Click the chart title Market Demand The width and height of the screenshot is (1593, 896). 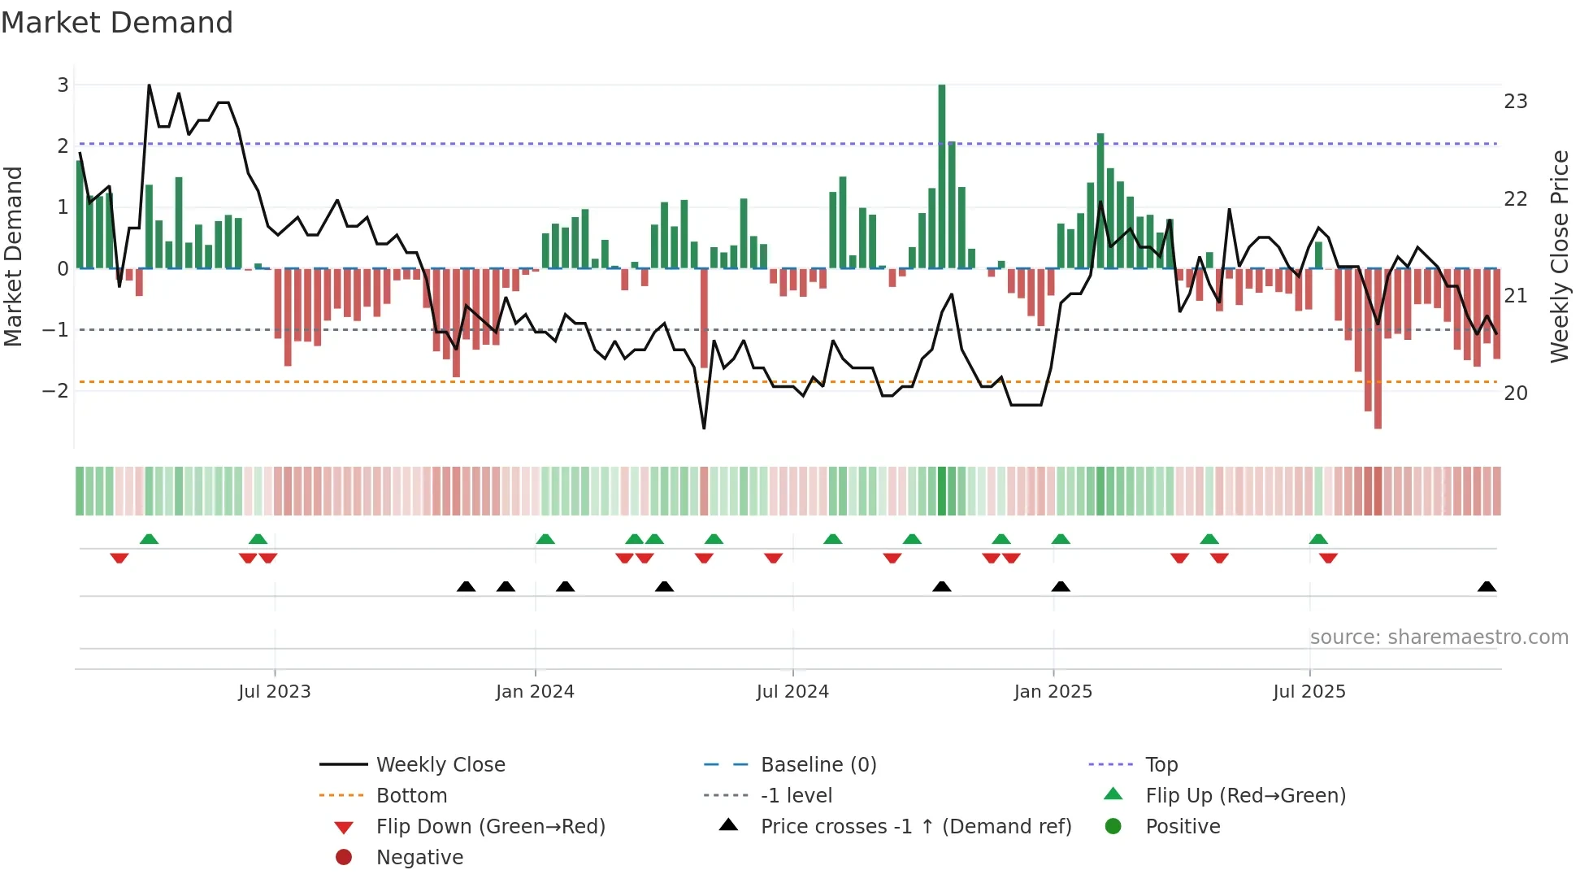click(117, 23)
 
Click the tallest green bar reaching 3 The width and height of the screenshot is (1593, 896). click(941, 175)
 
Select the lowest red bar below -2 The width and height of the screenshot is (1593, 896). click(1378, 350)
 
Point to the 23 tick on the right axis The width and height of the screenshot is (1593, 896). click(1515, 102)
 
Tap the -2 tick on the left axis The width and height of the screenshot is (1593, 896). click(55, 391)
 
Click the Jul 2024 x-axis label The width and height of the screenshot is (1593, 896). click(792, 692)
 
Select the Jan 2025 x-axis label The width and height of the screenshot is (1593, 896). click(1053, 692)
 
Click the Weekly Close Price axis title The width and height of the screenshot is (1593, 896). click(1559, 256)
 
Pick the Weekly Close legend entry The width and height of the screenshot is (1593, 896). click(440, 765)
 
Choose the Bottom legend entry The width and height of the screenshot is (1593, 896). click(411, 796)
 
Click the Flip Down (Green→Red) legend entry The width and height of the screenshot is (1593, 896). click(490, 827)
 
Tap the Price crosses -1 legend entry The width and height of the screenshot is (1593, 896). click(915, 827)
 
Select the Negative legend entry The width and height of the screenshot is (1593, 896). click(419, 858)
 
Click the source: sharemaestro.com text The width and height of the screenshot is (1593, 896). click(1439, 637)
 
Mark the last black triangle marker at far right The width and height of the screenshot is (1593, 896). click(1487, 587)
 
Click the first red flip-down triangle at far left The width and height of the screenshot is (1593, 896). click(119, 558)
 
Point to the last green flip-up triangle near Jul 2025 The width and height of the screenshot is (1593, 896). click(1318, 539)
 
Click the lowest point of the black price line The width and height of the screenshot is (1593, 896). click(704, 428)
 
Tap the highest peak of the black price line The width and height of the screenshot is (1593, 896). click(149, 85)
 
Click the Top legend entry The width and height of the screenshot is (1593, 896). click(1161, 765)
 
